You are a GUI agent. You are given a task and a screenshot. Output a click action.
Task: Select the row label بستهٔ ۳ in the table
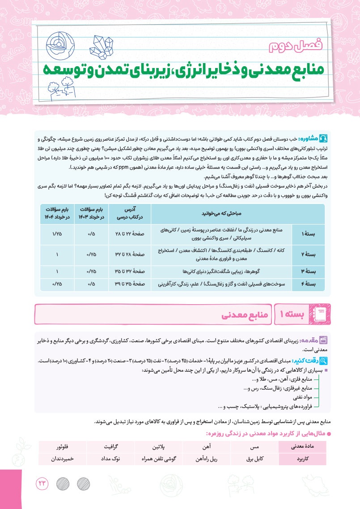[x=308, y=271]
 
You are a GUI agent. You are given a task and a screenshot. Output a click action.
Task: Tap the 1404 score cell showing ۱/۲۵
[x=57, y=234]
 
